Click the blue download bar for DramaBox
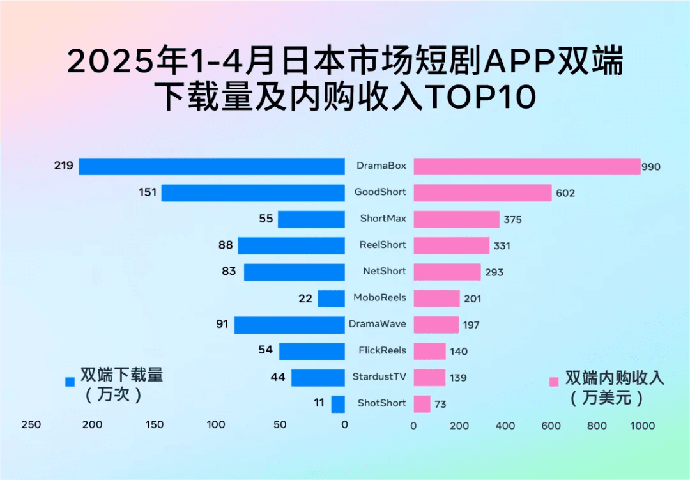click(211, 166)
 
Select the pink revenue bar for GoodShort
click(482, 192)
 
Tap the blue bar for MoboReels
click(332, 298)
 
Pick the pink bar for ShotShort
click(422, 404)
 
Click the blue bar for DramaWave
click(289, 325)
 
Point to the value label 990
click(651, 167)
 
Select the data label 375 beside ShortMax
click(512, 219)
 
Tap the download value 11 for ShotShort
click(319, 403)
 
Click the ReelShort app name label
click(383, 245)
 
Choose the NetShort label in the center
click(384, 271)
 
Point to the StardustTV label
click(379, 376)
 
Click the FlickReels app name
click(382, 350)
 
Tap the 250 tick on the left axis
click(31, 425)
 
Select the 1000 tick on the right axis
click(643, 426)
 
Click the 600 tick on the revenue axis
click(551, 426)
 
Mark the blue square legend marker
click(70, 382)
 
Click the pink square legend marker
click(554, 382)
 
